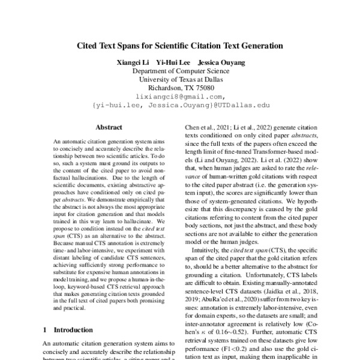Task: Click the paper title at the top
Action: point(180,45)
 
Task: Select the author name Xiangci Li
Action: point(133,62)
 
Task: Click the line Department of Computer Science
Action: point(180,70)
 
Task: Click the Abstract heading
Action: point(109,127)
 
